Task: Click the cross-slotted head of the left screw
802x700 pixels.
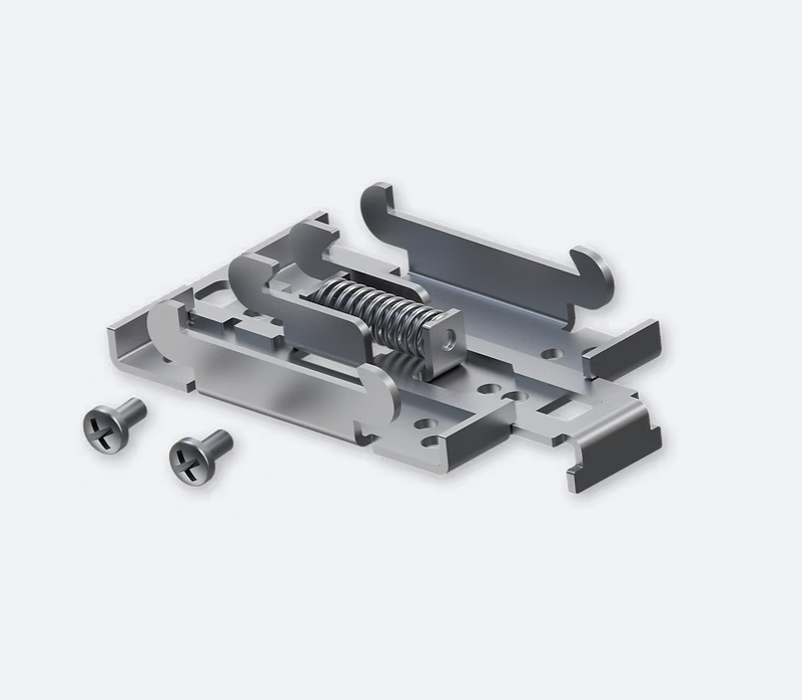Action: tap(101, 429)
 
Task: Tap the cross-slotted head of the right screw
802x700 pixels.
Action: tap(188, 461)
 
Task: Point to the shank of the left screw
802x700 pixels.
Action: tap(132, 410)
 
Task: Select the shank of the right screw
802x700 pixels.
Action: tap(218, 442)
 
